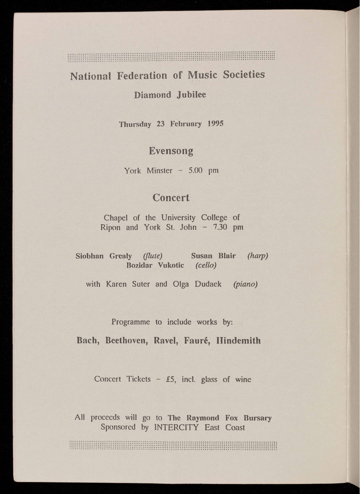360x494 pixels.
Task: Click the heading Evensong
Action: [171, 151]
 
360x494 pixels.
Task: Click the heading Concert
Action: [171, 198]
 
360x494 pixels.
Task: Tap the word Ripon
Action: [110, 227]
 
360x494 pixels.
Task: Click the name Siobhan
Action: [89, 256]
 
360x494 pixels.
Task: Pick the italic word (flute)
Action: [153, 256]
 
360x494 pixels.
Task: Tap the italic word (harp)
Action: [258, 256]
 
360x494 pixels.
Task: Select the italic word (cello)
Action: [206, 265]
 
